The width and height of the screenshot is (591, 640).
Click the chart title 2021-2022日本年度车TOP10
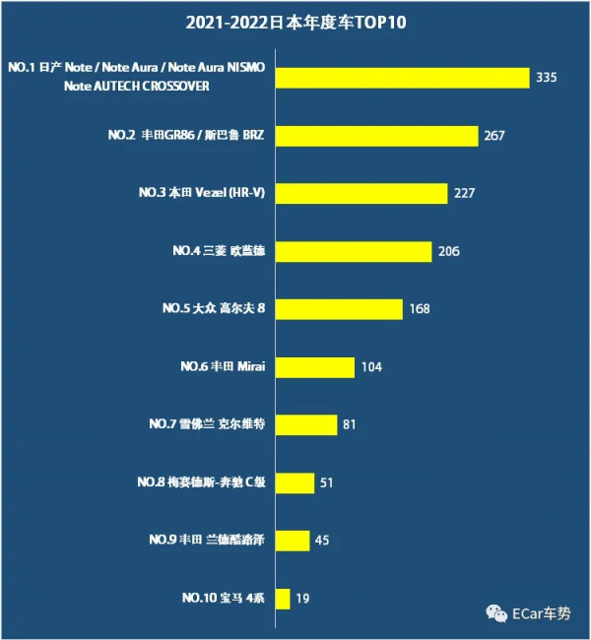point(295,23)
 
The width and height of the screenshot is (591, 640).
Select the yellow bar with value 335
point(403,78)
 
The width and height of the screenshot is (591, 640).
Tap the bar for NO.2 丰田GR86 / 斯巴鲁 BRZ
point(376,136)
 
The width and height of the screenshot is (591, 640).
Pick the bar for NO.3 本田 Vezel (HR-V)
point(361,193)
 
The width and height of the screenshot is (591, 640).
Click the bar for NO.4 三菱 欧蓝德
point(354,251)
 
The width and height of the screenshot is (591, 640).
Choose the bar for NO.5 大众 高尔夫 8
point(339,309)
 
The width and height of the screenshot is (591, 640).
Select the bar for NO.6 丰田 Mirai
point(314,367)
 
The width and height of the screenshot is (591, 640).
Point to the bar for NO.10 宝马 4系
point(283,598)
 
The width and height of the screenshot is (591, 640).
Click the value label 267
point(494,136)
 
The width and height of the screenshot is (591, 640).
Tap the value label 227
point(464,193)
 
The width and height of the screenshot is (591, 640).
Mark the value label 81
point(349,425)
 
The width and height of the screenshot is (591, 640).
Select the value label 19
point(302,598)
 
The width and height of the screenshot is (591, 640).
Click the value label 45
point(321,541)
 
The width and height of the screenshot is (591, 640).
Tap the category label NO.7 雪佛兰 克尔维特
point(208,424)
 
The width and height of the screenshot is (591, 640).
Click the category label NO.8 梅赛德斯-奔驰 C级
point(202,482)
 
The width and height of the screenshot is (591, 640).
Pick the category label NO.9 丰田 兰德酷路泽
point(208,540)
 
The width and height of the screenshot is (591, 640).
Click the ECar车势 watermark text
point(541,613)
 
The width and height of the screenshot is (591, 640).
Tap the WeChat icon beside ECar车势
point(493,613)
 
